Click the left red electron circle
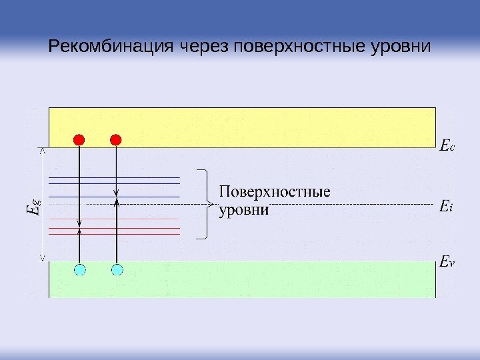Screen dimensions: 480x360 (79, 139)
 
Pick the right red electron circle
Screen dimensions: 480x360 (116, 139)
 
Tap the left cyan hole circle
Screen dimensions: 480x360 (80, 269)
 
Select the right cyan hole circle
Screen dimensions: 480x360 (117, 269)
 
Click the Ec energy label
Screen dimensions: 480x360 (447, 145)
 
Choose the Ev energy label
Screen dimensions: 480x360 (447, 263)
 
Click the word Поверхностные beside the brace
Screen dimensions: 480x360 (275, 193)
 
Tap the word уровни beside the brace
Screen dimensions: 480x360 (244, 211)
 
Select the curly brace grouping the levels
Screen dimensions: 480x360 (204, 203)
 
